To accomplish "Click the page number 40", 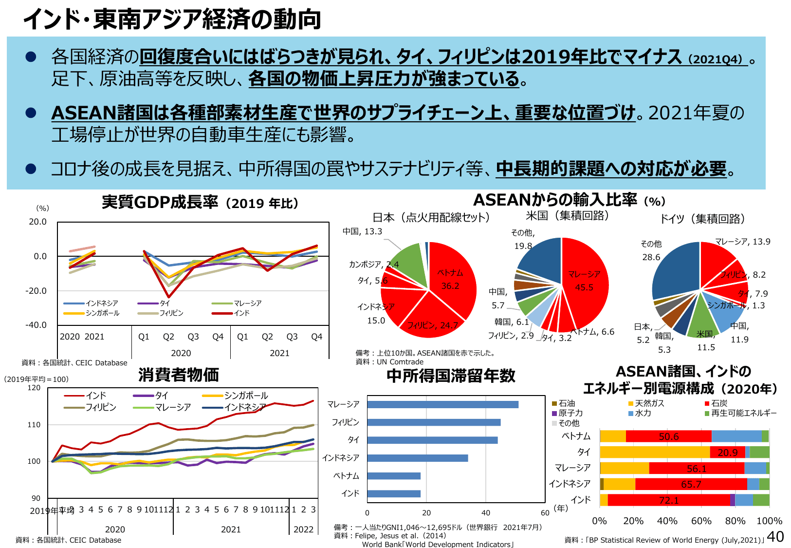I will (x=775, y=536).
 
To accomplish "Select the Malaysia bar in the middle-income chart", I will (x=442, y=404).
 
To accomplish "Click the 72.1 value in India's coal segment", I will (x=668, y=500).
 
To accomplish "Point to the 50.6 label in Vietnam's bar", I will (x=668, y=436).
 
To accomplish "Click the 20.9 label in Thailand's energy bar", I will (x=727, y=453).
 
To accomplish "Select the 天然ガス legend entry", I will (x=646, y=403).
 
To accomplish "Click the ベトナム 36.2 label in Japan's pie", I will (x=450, y=279).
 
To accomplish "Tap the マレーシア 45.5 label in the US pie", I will (x=584, y=281).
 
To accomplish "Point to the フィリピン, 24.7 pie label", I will (x=432, y=325).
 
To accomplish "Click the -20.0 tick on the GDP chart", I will (x=37, y=291).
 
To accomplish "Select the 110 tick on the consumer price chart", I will (x=34, y=425).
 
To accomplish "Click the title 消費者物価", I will (x=179, y=375).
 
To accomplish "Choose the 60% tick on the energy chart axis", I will (x=701, y=521).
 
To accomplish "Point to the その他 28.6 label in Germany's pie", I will (x=651, y=250).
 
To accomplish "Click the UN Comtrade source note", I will (x=389, y=361).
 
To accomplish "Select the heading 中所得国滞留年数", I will (x=450, y=376).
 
